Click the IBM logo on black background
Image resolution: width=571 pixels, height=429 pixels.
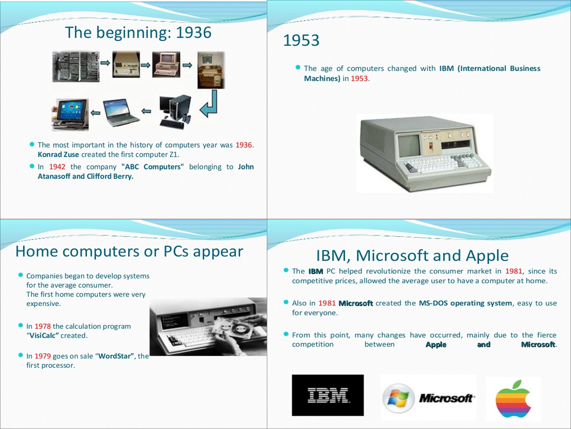[x=328, y=395]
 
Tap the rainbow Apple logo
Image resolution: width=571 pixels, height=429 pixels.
[x=513, y=399]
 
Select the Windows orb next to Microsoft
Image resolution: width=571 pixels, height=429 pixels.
[x=398, y=398]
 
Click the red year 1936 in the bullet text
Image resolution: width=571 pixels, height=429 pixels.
[x=244, y=145]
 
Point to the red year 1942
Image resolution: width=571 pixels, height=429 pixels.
[x=57, y=167]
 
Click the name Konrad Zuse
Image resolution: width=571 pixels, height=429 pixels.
[x=58, y=154]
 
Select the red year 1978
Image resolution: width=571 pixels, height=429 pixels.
[x=43, y=326]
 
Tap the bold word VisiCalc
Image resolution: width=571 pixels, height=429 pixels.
[x=43, y=336]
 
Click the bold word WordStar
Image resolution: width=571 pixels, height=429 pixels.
[x=116, y=356]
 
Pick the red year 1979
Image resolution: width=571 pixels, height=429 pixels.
[x=43, y=356]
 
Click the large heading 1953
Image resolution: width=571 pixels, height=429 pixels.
[x=301, y=40]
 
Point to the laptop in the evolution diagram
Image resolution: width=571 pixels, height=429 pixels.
[x=120, y=112]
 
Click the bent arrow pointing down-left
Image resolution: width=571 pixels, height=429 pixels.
[x=210, y=104]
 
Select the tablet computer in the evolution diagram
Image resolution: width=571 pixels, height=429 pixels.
[x=70, y=114]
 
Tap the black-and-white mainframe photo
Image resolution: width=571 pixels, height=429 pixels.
[x=76, y=67]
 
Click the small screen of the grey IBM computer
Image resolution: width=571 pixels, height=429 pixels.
[x=409, y=146]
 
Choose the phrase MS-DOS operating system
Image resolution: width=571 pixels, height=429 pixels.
[x=465, y=303]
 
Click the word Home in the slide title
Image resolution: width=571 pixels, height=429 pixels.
[x=37, y=251]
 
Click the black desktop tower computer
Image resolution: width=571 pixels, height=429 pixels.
[x=176, y=111]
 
